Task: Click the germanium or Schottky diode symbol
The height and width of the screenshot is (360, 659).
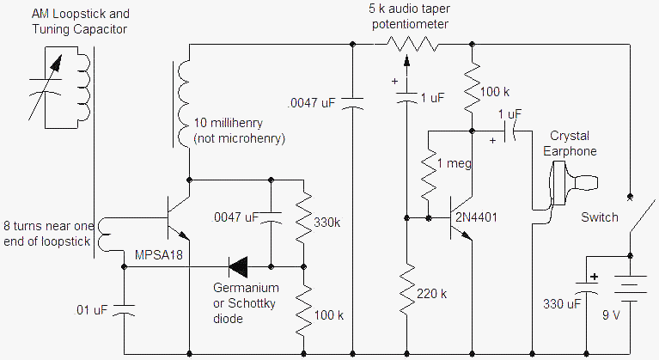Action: [x=238, y=266]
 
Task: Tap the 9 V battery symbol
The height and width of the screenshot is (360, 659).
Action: [x=630, y=289]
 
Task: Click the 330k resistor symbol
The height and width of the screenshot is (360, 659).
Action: [x=303, y=218]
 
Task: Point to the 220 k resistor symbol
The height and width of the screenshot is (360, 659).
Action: [x=406, y=290]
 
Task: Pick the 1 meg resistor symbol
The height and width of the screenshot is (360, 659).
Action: [x=428, y=174]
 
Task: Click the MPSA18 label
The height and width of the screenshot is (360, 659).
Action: [x=159, y=254]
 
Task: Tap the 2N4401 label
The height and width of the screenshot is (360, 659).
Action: [x=476, y=217]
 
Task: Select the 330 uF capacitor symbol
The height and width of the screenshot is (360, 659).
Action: [x=586, y=288]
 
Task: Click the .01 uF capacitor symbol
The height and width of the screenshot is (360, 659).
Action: [x=124, y=310]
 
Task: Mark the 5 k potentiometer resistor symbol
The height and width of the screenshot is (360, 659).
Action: [x=412, y=44]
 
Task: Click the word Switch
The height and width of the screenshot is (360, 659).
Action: [x=600, y=217]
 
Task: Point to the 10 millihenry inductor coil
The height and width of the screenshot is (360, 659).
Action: [x=184, y=104]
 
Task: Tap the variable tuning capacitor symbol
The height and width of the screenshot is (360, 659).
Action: [x=46, y=88]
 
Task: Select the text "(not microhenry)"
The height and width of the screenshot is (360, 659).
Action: [x=239, y=138]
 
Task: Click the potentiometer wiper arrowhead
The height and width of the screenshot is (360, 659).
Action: [x=406, y=60]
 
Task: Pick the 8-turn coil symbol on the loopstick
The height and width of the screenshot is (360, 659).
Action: [x=103, y=235]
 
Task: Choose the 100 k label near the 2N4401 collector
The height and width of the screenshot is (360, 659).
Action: [x=495, y=92]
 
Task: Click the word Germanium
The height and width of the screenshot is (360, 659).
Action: [x=246, y=288]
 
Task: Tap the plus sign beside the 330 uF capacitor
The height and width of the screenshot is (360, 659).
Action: [x=594, y=277]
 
